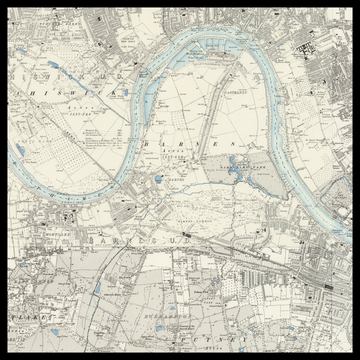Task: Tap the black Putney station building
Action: tap(326, 287)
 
